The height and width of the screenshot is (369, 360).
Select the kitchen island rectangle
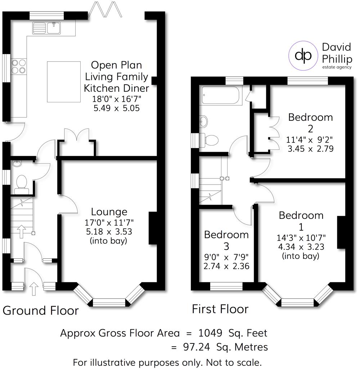(64, 81)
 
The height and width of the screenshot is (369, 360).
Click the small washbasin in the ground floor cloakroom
(16, 164)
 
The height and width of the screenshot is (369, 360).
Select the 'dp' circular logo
(303, 55)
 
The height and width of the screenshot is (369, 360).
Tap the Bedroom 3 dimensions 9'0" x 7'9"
(226, 258)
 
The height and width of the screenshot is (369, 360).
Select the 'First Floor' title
(220, 309)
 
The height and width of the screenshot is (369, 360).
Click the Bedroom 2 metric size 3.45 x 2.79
(310, 148)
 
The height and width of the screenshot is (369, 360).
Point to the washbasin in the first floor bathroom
(203, 122)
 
